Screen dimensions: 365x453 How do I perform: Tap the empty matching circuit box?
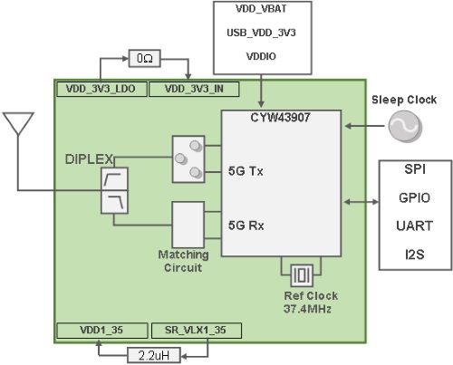[188, 221]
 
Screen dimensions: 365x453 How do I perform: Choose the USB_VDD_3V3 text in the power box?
[261, 33]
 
